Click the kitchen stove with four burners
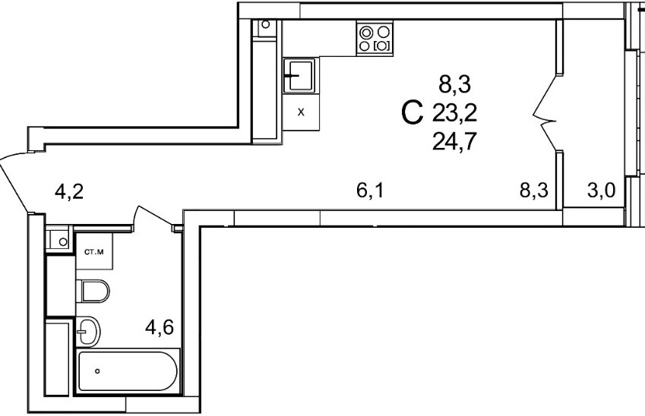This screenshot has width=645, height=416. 375,39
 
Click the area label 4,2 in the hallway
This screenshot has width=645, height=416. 68,191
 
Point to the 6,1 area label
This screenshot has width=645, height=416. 369,191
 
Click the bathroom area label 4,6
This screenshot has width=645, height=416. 160,328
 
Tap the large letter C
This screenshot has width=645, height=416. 411,115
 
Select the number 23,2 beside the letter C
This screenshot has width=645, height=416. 454,114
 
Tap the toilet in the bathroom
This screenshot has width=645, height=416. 94,290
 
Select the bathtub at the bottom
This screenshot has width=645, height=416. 128,371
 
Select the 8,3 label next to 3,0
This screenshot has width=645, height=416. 534,191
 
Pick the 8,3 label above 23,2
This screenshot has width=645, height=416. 454,81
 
